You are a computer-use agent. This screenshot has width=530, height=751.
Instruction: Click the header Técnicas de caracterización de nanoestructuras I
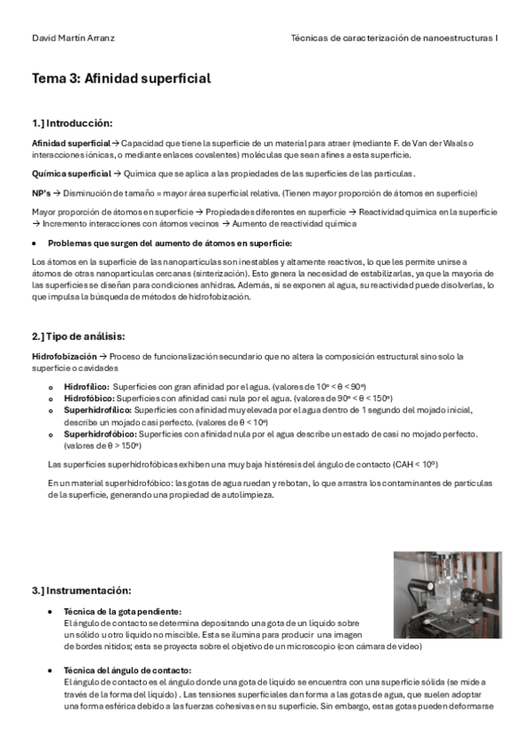coord(394,39)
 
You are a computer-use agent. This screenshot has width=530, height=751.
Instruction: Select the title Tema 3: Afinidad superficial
coord(121,79)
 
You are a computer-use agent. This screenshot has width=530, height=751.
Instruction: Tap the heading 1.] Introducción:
coord(73,122)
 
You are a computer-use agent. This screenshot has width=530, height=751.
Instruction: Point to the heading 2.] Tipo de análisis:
coord(79,337)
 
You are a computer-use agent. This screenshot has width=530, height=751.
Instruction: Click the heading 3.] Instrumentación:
coord(81,590)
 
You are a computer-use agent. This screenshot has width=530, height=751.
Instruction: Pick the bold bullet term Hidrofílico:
coord(87,387)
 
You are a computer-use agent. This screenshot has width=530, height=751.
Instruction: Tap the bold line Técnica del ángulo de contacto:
coord(129,669)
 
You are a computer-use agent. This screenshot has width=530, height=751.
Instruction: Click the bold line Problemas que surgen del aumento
coord(169,243)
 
